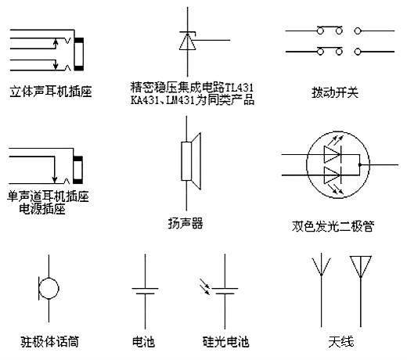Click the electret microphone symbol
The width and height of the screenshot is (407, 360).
point(49,289)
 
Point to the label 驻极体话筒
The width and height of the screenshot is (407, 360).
point(49,341)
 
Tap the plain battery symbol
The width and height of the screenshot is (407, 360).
point(144,290)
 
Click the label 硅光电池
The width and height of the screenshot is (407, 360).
point(225,341)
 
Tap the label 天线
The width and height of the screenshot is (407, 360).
point(342,341)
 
